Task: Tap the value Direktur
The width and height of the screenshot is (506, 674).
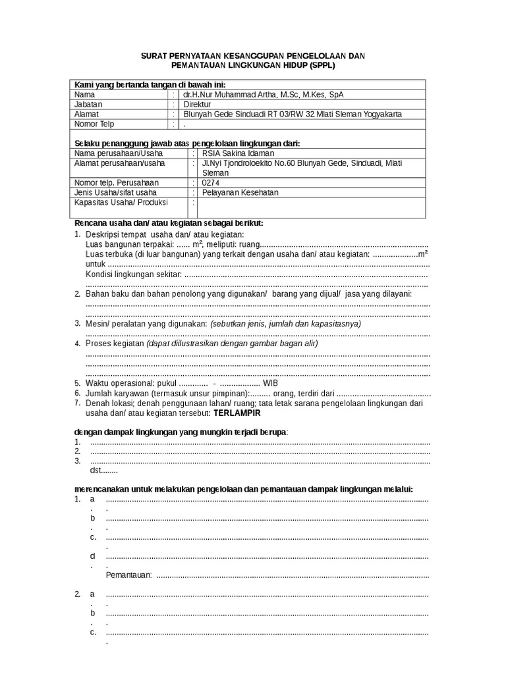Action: tap(198, 104)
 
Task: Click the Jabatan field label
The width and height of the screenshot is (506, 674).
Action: tap(89, 104)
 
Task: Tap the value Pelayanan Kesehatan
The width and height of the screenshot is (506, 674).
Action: tap(240, 192)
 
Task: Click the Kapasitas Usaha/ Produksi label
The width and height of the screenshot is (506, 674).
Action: tap(121, 202)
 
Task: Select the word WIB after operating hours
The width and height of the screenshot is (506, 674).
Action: tap(270, 383)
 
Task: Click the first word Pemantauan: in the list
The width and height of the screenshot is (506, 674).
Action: tap(128, 575)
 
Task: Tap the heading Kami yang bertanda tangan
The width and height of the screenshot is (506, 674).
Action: tap(150, 84)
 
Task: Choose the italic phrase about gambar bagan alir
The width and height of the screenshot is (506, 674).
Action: tap(232, 344)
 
